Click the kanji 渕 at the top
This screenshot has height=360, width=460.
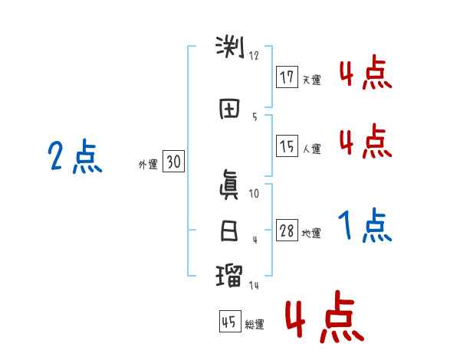(x=228, y=48)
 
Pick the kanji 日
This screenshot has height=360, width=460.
(x=228, y=231)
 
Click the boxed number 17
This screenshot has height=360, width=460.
(x=287, y=77)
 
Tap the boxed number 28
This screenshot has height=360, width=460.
(x=287, y=231)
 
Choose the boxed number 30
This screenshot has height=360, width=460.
(x=173, y=162)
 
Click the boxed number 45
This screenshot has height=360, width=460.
(x=229, y=322)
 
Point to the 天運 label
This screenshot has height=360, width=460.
(x=311, y=80)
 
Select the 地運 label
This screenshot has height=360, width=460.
(x=311, y=234)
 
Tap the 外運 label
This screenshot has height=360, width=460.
(x=148, y=164)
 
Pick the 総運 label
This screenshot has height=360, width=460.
(x=254, y=325)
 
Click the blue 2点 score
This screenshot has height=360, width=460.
(x=74, y=158)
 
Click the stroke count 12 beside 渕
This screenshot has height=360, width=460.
(x=254, y=56)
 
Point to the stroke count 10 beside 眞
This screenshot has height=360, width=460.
(x=254, y=195)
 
